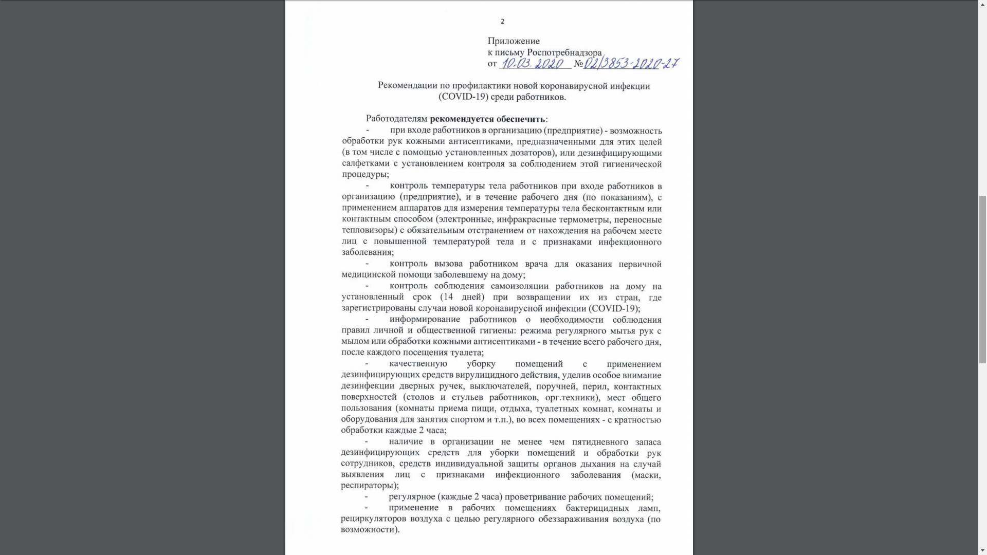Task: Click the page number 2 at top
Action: point(502,22)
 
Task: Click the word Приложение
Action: point(514,41)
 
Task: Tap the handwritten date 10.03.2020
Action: point(533,64)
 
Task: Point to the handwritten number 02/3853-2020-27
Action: point(631,64)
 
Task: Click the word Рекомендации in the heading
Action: point(407,86)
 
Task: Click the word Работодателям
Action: point(396,119)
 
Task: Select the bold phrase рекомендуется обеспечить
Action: point(487,119)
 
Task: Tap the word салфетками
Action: point(365,164)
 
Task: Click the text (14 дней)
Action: point(462,297)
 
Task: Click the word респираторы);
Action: point(370,486)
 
